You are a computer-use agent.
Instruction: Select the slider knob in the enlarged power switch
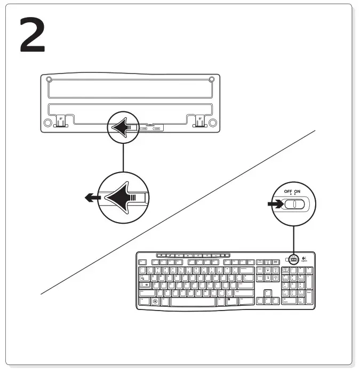click(x=291, y=205)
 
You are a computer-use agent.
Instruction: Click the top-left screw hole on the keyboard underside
click(x=49, y=80)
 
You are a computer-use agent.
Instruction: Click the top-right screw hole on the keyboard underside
click(x=212, y=80)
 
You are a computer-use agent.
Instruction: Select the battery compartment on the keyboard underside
click(x=150, y=128)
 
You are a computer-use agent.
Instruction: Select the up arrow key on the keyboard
click(x=267, y=292)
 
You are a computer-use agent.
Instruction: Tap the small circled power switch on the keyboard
click(x=292, y=260)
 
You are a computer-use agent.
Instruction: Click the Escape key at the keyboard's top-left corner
click(x=142, y=262)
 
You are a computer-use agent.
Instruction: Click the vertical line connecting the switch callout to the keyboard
click(x=293, y=237)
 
